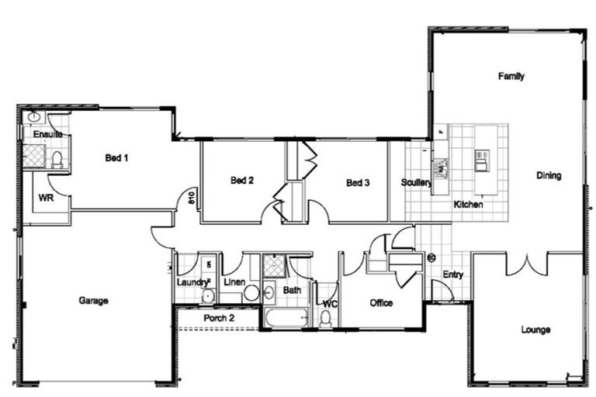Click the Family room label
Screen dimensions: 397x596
(x=511, y=76)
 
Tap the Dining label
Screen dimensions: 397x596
(x=549, y=175)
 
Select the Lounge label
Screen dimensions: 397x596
(x=535, y=330)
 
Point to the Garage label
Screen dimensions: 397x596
(x=93, y=300)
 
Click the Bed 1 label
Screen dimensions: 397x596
(x=116, y=157)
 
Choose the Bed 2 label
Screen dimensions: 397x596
(x=242, y=181)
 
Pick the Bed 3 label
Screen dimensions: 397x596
(x=358, y=183)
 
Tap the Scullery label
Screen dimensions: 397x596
(x=416, y=183)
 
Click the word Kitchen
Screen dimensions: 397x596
(x=468, y=205)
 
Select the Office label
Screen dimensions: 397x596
(x=381, y=302)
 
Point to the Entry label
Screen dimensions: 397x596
(x=453, y=275)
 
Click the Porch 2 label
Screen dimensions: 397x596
(x=219, y=318)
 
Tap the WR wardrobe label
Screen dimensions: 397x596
(x=46, y=198)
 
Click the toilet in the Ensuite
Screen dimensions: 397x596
(x=57, y=160)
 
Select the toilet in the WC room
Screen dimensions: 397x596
(x=326, y=317)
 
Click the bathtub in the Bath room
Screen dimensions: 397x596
(x=286, y=318)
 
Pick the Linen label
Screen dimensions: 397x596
(x=234, y=281)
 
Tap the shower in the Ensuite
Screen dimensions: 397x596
(x=34, y=155)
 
